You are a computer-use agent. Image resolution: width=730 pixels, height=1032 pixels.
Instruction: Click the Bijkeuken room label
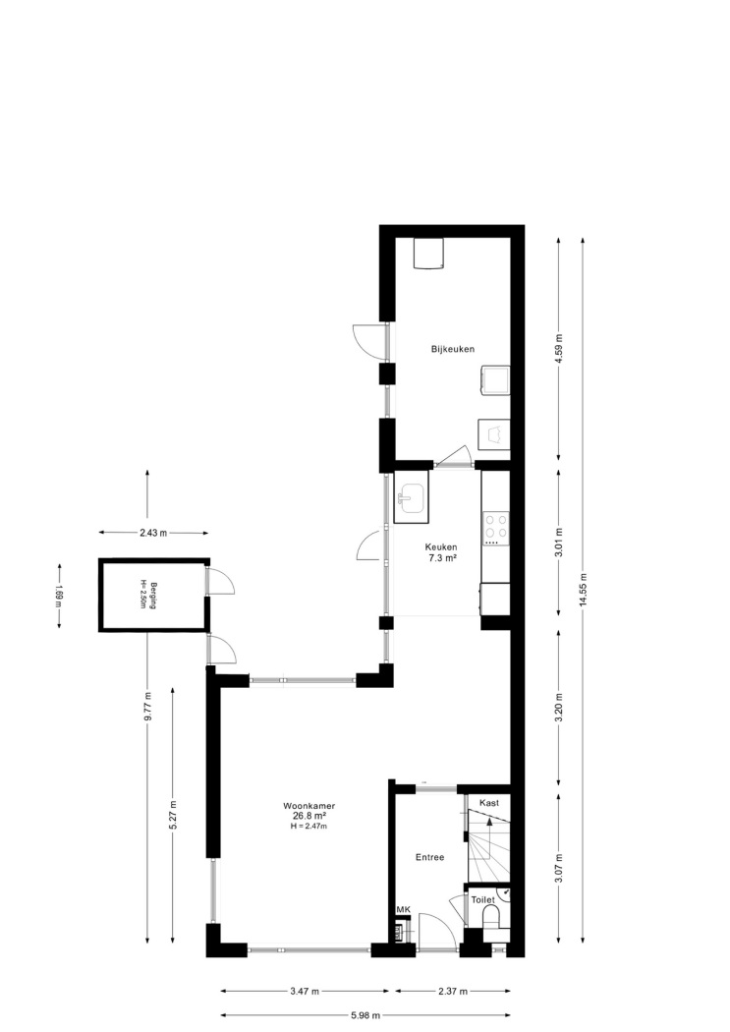tap(453, 349)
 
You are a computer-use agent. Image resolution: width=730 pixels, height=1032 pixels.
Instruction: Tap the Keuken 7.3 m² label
tap(440, 552)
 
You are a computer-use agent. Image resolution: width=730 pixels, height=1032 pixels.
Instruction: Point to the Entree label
tap(429, 857)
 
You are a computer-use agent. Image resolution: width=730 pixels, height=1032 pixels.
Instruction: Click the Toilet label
tap(482, 899)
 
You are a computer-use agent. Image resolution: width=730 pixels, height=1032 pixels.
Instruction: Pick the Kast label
tap(488, 803)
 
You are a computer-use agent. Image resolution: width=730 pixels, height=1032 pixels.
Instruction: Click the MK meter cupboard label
tap(403, 909)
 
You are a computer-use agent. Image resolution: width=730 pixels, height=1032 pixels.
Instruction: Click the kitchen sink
tap(411, 497)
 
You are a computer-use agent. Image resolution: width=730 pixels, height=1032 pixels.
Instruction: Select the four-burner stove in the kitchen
tap(496, 525)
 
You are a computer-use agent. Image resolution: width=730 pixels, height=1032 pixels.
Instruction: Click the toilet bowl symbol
tap(491, 917)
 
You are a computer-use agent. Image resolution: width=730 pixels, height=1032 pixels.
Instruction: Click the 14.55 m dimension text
tap(583, 593)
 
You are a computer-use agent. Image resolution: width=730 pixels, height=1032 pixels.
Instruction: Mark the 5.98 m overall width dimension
tap(361, 1015)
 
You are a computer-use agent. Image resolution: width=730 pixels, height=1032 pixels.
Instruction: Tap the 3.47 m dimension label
tap(305, 991)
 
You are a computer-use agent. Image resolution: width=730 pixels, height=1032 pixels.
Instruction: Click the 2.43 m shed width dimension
tap(153, 533)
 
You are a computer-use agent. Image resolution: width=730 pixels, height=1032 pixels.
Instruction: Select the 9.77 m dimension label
tap(147, 709)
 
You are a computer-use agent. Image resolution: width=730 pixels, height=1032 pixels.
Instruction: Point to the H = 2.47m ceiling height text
tap(309, 826)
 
